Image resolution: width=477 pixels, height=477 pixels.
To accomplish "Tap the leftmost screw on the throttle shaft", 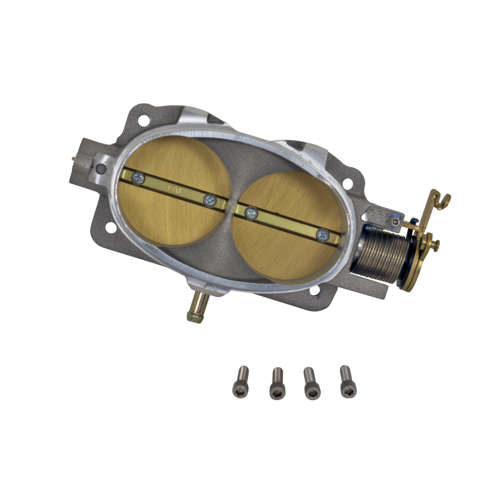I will [x=138, y=176].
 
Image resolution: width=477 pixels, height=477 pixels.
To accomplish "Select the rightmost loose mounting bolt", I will [x=346, y=382].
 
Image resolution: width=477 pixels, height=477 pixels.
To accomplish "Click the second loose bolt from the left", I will [x=277, y=383].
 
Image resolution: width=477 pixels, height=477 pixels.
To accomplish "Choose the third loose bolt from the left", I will [x=311, y=383].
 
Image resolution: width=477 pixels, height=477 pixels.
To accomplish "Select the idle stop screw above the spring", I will [x=395, y=222].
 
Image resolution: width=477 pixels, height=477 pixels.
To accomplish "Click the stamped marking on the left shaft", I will [x=175, y=188].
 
